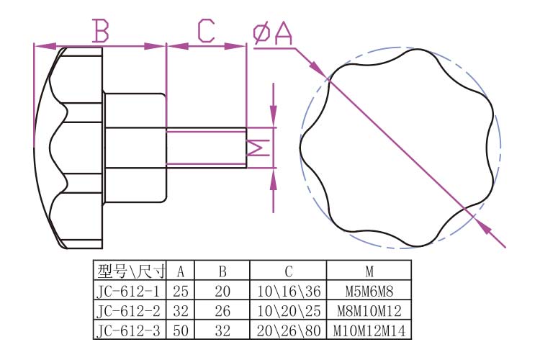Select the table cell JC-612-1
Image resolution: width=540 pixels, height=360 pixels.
point(130,291)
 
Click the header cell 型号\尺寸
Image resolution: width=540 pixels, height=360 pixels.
point(130,271)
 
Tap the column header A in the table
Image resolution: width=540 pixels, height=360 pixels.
point(181,271)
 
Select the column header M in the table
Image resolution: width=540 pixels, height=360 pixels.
point(368,271)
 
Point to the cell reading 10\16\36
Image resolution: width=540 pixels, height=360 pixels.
point(287,291)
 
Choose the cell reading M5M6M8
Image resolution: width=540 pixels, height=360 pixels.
point(368,291)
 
